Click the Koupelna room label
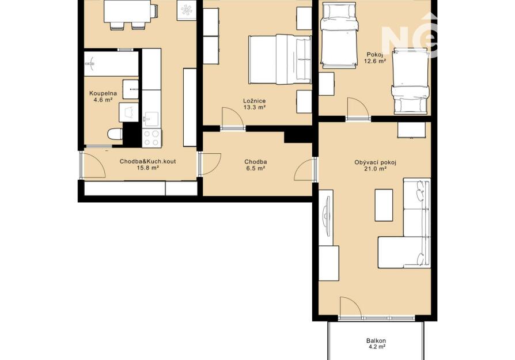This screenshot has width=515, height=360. [103, 94]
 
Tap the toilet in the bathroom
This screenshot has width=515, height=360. [115, 134]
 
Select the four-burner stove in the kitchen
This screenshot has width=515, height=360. [152, 138]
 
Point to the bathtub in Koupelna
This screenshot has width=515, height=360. [111, 63]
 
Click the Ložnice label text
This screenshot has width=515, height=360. [254, 101]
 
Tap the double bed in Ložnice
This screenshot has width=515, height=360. [280, 59]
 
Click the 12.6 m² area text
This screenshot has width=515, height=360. [375, 60]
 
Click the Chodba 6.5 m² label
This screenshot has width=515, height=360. [256, 165]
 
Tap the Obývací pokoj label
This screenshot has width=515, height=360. [376, 162]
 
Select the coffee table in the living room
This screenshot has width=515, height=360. [384, 205]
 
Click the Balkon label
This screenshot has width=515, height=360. [376, 340]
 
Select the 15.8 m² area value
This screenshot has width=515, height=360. [148, 168]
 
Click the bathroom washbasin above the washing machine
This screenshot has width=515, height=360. [131, 89]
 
